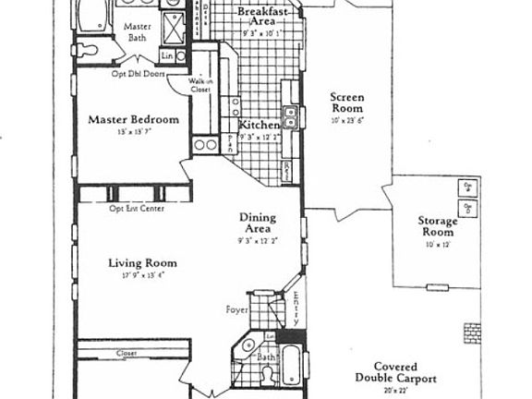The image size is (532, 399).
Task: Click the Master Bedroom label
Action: [132, 119]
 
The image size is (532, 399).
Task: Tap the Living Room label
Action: [142, 263]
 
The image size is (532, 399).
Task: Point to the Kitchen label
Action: [260, 125]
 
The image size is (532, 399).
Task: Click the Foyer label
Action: [237, 309]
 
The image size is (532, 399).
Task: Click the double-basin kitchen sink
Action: [290, 115]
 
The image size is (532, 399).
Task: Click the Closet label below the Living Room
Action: [127, 354]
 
